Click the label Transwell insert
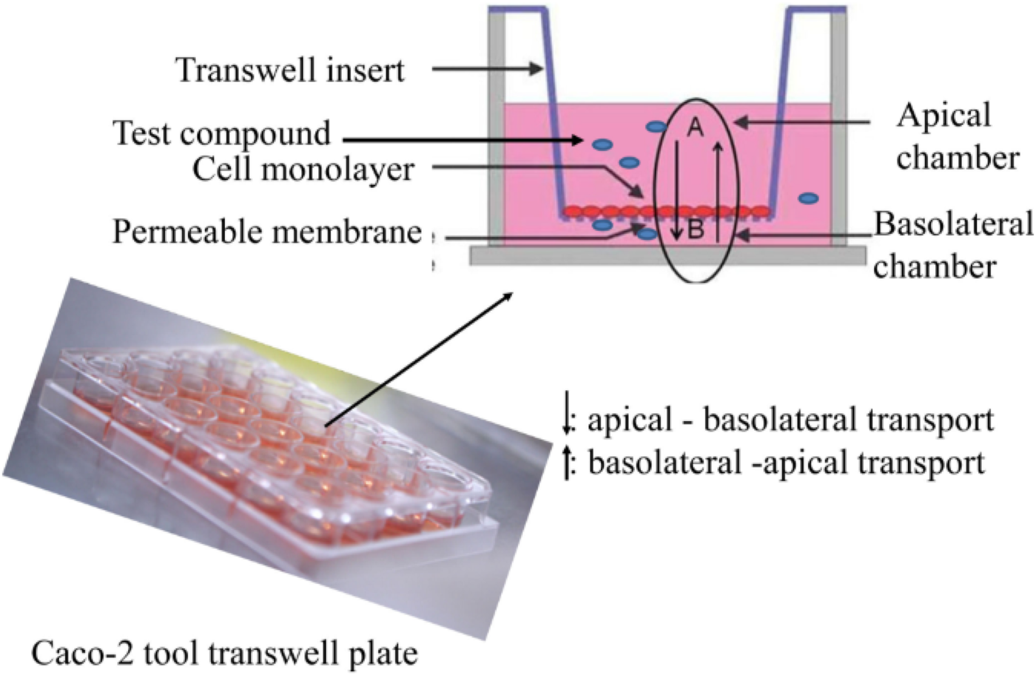click(290, 70)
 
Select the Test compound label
click(221, 134)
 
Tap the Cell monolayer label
click(303, 169)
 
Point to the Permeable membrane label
click(266, 232)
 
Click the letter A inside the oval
click(694, 128)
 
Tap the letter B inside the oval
click(696, 230)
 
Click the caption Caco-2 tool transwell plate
click(224, 654)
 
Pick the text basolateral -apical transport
click(786, 463)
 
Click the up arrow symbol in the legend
click(568, 463)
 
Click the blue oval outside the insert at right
click(809, 198)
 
